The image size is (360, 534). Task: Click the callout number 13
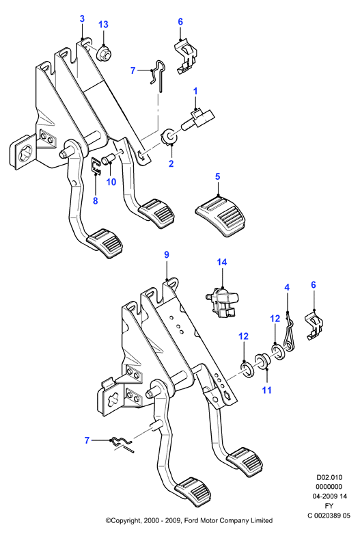(x=103, y=25)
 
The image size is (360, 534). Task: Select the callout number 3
(x=82, y=18)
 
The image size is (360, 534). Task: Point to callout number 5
(x=218, y=176)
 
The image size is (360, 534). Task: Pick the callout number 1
(x=195, y=91)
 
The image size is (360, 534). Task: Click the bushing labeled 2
(x=169, y=136)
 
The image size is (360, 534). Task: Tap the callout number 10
(x=111, y=182)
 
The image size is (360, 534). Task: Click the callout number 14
(x=222, y=263)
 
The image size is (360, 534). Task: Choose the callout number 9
(x=167, y=255)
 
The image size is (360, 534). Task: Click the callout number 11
(x=267, y=390)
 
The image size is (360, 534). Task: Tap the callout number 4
(x=287, y=287)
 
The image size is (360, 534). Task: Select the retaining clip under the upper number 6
(x=186, y=57)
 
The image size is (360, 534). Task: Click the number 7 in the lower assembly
(x=87, y=440)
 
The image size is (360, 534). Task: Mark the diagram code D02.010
(x=329, y=477)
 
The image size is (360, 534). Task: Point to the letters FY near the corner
(x=329, y=506)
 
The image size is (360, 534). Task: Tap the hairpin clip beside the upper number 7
(x=158, y=76)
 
